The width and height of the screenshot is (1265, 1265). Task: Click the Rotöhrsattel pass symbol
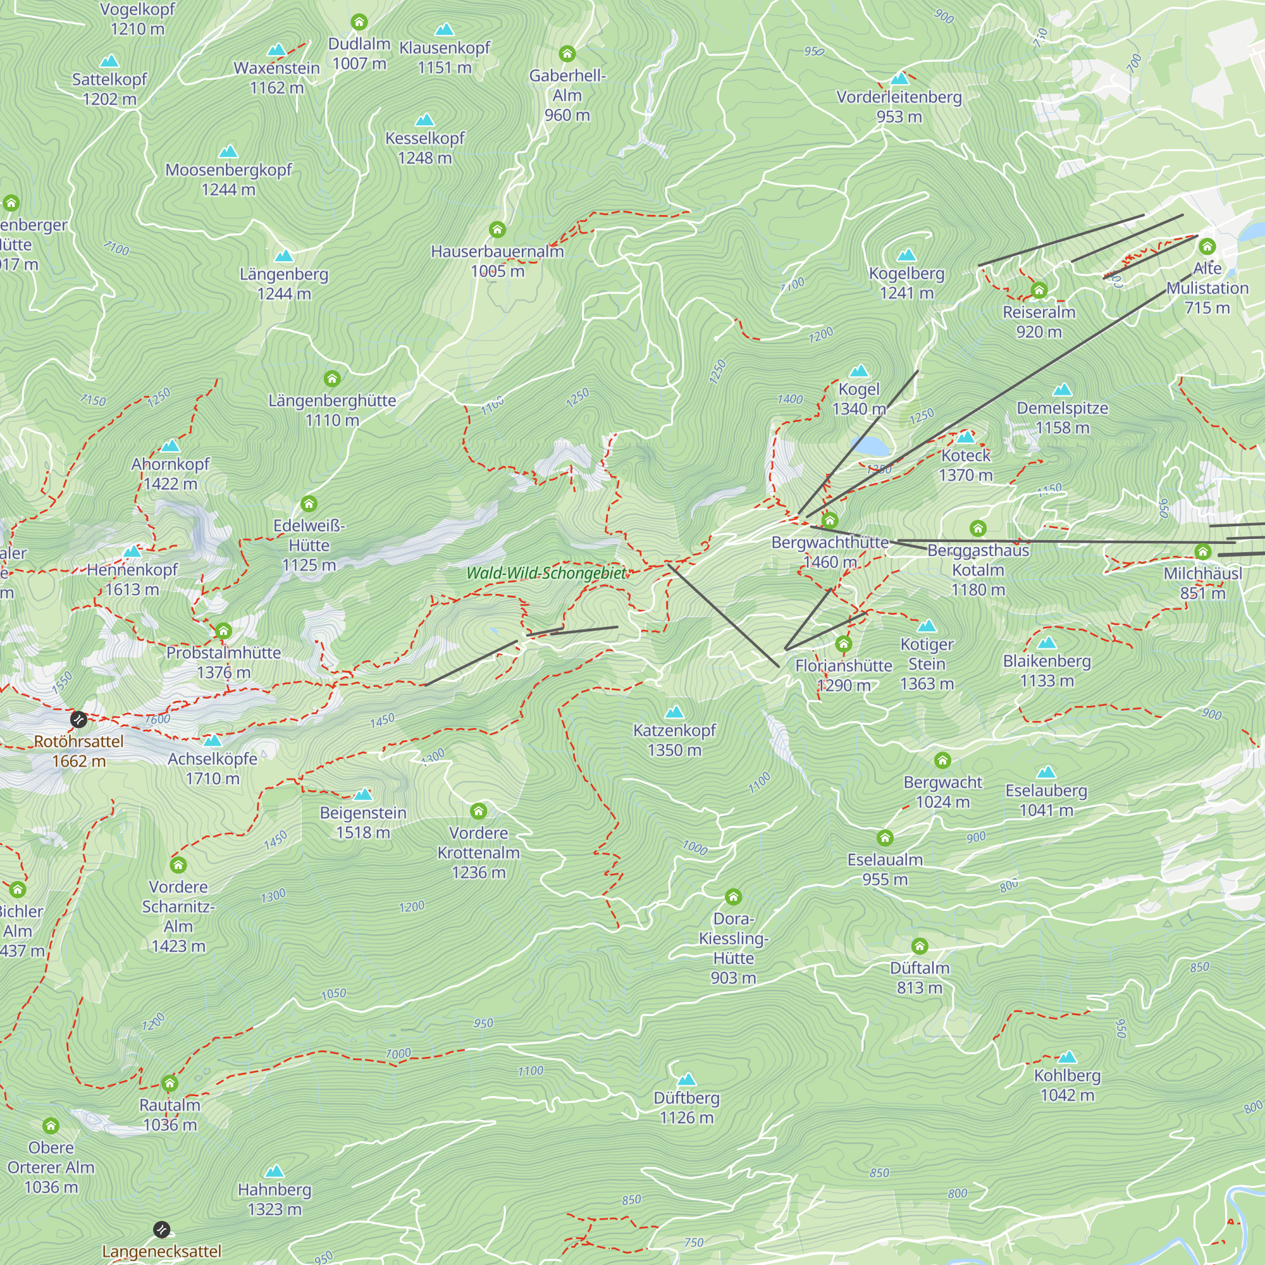[78, 720]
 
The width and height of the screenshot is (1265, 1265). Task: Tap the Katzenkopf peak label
[674, 740]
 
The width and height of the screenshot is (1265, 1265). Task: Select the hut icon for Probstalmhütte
[223, 631]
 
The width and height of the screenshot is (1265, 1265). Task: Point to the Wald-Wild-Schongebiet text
[546, 573]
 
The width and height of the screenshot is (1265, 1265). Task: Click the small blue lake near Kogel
[870, 447]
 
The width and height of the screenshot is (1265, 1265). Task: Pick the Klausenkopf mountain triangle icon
[445, 30]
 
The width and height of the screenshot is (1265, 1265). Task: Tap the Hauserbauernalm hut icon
[498, 229]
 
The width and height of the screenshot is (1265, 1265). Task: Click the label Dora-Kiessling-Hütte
[733, 947]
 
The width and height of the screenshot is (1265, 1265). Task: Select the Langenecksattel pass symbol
[162, 1230]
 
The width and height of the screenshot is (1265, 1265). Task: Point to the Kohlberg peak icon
[1067, 1057]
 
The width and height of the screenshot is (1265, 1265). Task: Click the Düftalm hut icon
[920, 946]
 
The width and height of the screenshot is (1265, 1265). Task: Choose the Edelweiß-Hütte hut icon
[309, 503]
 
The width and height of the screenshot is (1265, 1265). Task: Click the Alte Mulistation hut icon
[1207, 246]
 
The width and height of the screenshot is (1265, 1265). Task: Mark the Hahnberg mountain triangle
[275, 1171]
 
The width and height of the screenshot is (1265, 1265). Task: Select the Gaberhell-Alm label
[567, 95]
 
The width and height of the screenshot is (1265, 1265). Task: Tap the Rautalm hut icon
[170, 1083]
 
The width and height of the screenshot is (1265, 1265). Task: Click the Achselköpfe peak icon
[213, 741]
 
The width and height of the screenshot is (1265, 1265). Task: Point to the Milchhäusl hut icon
[1203, 552]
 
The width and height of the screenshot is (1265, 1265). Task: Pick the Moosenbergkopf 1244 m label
[228, 180]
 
